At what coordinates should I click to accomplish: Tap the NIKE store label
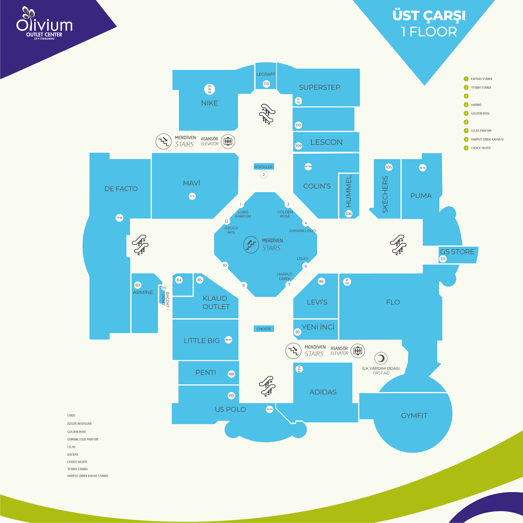pos(209,103)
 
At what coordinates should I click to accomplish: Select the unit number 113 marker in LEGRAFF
pos(266,84)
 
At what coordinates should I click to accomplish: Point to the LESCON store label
pos(327,142)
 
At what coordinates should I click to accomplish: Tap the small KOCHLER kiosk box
pos(264,167)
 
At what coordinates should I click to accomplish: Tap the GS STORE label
pos(457,252)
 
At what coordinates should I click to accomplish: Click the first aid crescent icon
pos(381,358)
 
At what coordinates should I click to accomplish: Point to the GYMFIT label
pos(414,415)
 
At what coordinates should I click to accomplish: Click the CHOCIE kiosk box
pos(264,329)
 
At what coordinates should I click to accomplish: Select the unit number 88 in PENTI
pos(231,374)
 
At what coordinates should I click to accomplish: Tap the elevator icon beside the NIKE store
pos(228,141)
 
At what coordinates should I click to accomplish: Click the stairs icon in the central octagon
pos(251,245)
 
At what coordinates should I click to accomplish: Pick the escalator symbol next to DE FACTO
pos(140,245)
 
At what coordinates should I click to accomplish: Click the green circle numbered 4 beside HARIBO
pos(466,105)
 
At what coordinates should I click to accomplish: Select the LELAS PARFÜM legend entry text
pos(481,131)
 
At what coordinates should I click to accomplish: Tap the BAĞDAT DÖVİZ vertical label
pos(165,300)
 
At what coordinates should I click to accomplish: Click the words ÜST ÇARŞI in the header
pos(429,16)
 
